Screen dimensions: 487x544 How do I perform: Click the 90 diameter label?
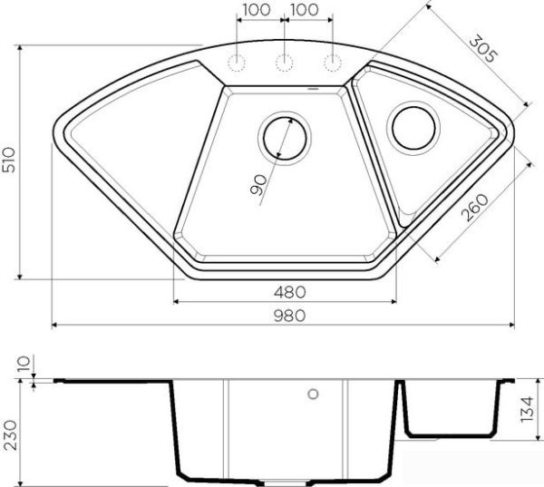coord(258,187)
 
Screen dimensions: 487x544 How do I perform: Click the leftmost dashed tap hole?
coord(237,63)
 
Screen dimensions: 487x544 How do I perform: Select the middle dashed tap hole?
coord(285,63)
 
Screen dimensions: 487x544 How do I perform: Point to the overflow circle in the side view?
coord(313,394)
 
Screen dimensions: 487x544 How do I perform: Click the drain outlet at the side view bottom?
coord(285,481)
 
